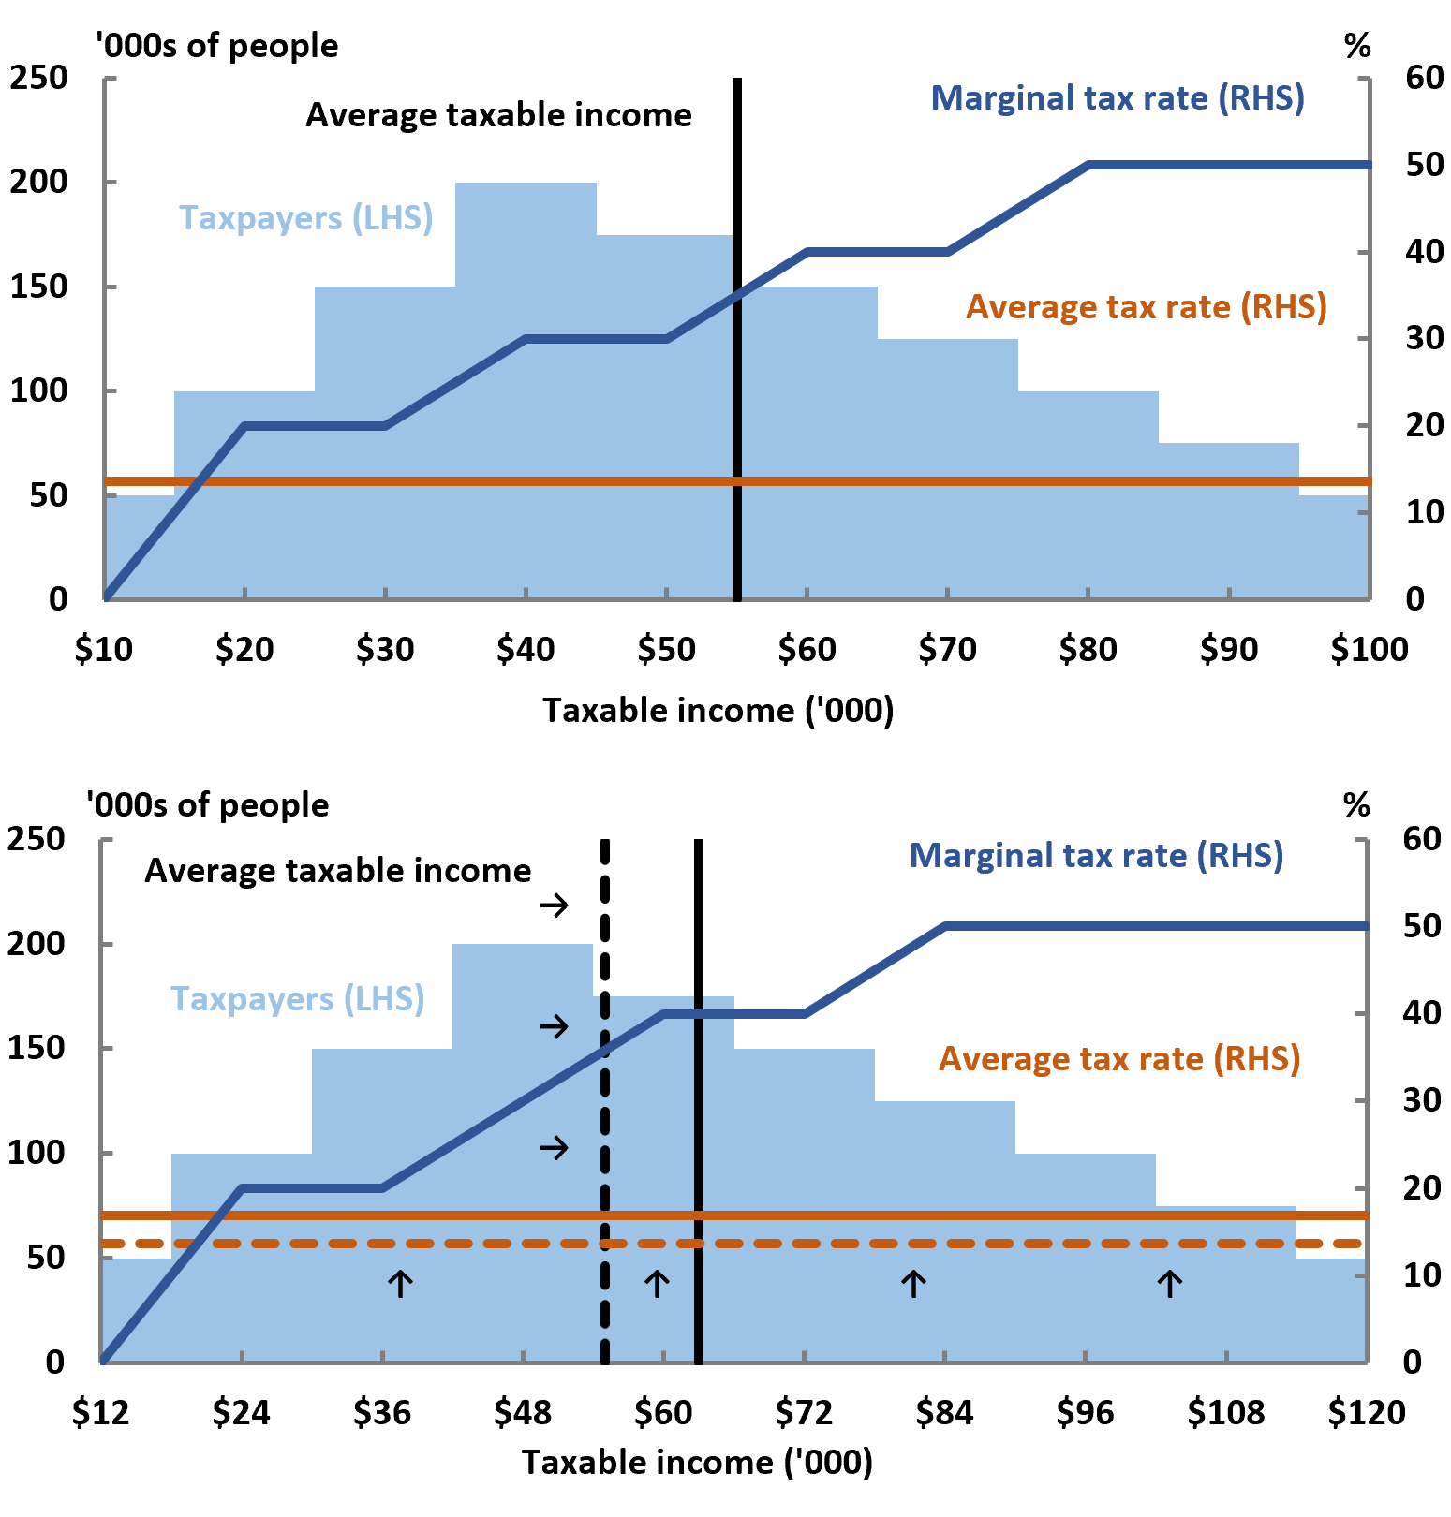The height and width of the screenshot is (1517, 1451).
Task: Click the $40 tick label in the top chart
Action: tap(526, 649)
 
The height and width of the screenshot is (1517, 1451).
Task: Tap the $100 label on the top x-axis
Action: tap(1369, 649)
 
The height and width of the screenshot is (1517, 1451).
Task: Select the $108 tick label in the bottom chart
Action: tap(1225, 1412)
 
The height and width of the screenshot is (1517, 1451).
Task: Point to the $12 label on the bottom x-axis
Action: tap(100, 1412)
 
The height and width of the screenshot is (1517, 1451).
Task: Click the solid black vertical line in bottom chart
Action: tap(699, 1124)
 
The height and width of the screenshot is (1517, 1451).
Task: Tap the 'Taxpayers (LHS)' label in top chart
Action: tap(305, 218)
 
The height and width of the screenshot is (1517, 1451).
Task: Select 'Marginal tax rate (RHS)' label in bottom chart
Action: tap(1096, 856)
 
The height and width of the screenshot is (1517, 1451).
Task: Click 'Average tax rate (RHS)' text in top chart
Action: tap(1146, 307)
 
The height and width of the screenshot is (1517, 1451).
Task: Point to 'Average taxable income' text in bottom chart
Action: tap(337, 871)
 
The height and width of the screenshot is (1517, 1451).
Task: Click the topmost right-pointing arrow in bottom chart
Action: tap(554, 905)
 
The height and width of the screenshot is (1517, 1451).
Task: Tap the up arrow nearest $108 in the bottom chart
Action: tap(1169, 1283)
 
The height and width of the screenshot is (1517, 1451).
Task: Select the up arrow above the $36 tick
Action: tap(400, 1283)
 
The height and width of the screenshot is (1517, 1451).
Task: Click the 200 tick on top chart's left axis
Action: tap(39, 182)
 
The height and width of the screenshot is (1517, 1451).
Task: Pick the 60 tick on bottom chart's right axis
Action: tap(1421, 838)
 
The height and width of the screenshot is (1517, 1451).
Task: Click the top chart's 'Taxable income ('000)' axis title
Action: tap(718, 711)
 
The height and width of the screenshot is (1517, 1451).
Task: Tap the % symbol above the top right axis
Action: tap(1357, 46)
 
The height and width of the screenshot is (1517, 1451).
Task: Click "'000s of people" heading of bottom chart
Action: tap(207, 805)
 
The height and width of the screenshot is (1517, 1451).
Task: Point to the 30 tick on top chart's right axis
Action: tap(1424, 338)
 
